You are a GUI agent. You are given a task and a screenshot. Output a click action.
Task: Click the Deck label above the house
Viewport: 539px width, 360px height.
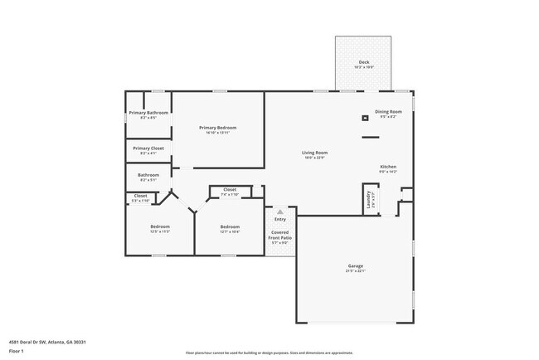[363, 62]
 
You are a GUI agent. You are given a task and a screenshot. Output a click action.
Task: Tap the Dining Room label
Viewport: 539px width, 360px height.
[388, 111]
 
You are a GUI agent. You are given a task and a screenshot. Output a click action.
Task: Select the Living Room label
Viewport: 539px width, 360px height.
[314, 153]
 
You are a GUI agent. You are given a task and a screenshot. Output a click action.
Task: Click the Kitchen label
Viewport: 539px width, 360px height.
[388, 167]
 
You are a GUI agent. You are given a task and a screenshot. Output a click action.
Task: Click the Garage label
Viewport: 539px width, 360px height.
[354, 267]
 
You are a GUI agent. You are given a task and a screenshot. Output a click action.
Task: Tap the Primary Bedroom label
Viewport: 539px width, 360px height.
[217, 127]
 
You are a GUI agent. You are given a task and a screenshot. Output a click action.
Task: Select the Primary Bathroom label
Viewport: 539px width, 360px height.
[148, 113]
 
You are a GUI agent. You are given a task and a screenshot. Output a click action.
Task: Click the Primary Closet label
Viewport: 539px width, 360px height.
[148, 148]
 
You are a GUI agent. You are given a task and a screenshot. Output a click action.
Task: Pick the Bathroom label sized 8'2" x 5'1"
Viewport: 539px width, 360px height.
[148, 175]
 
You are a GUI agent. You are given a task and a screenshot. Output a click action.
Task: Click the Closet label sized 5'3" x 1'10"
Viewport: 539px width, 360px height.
[140, 196]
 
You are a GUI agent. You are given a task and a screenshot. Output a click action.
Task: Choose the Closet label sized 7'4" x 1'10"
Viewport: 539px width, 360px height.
[230, 189]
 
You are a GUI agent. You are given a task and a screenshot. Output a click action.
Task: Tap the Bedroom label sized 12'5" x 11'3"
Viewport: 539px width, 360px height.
[160, 226]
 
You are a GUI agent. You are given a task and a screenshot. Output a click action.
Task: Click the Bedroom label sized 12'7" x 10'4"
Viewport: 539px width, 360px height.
[230, 226]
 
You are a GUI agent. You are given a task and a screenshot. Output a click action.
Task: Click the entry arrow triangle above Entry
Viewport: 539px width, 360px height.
[280, 212]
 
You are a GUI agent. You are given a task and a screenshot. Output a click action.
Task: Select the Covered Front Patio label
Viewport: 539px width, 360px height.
[279, 235]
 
